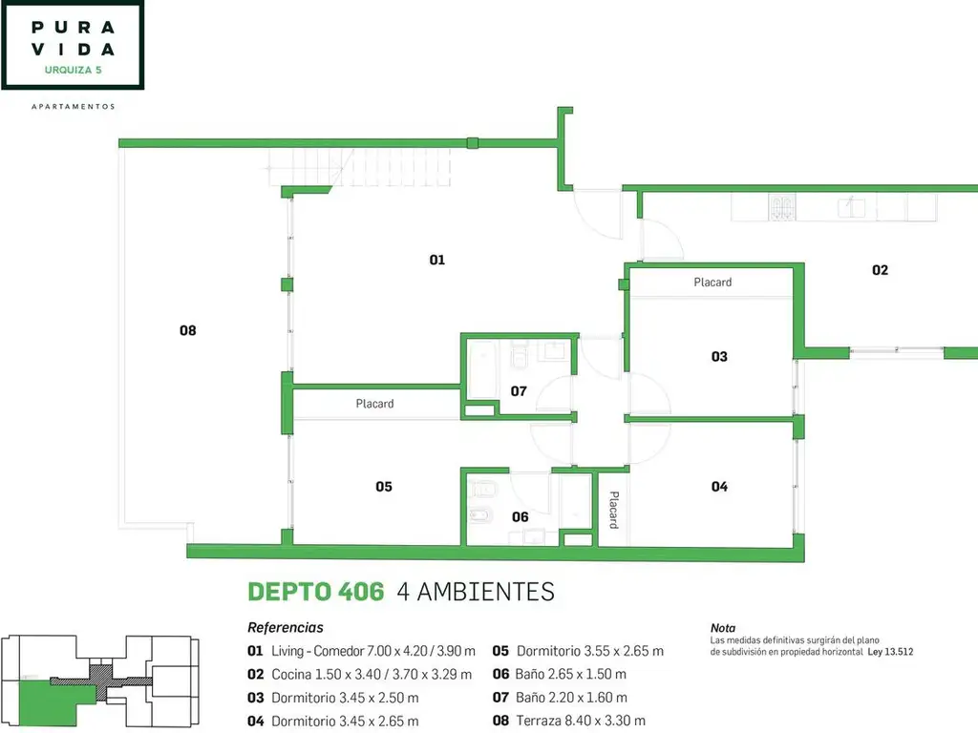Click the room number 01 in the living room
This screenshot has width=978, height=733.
pos(436,260)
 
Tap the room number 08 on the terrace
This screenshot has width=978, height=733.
pos(188,330)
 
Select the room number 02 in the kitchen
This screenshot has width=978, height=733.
pos(880,270)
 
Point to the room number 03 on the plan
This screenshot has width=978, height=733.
pos(719,357)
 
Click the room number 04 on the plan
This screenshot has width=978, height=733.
pos(719,486)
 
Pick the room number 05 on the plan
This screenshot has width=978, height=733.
pos(384,486)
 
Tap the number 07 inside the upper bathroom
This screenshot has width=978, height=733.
pos(519,390)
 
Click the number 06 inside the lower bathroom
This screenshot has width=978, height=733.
pos(520,516)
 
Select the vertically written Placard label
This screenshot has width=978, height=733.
pos(614,510)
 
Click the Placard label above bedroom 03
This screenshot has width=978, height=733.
pos(712,283)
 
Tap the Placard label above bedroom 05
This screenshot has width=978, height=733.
pos(374,404)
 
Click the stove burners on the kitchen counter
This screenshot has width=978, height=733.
pos(782,207)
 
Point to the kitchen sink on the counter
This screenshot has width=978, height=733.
pos(851,206)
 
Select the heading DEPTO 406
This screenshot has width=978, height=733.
pos(315,592)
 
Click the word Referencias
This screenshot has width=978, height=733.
pos(286,628)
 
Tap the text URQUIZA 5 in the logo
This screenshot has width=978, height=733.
pos(73,70)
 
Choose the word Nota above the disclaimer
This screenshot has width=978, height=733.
pos(723,628)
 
